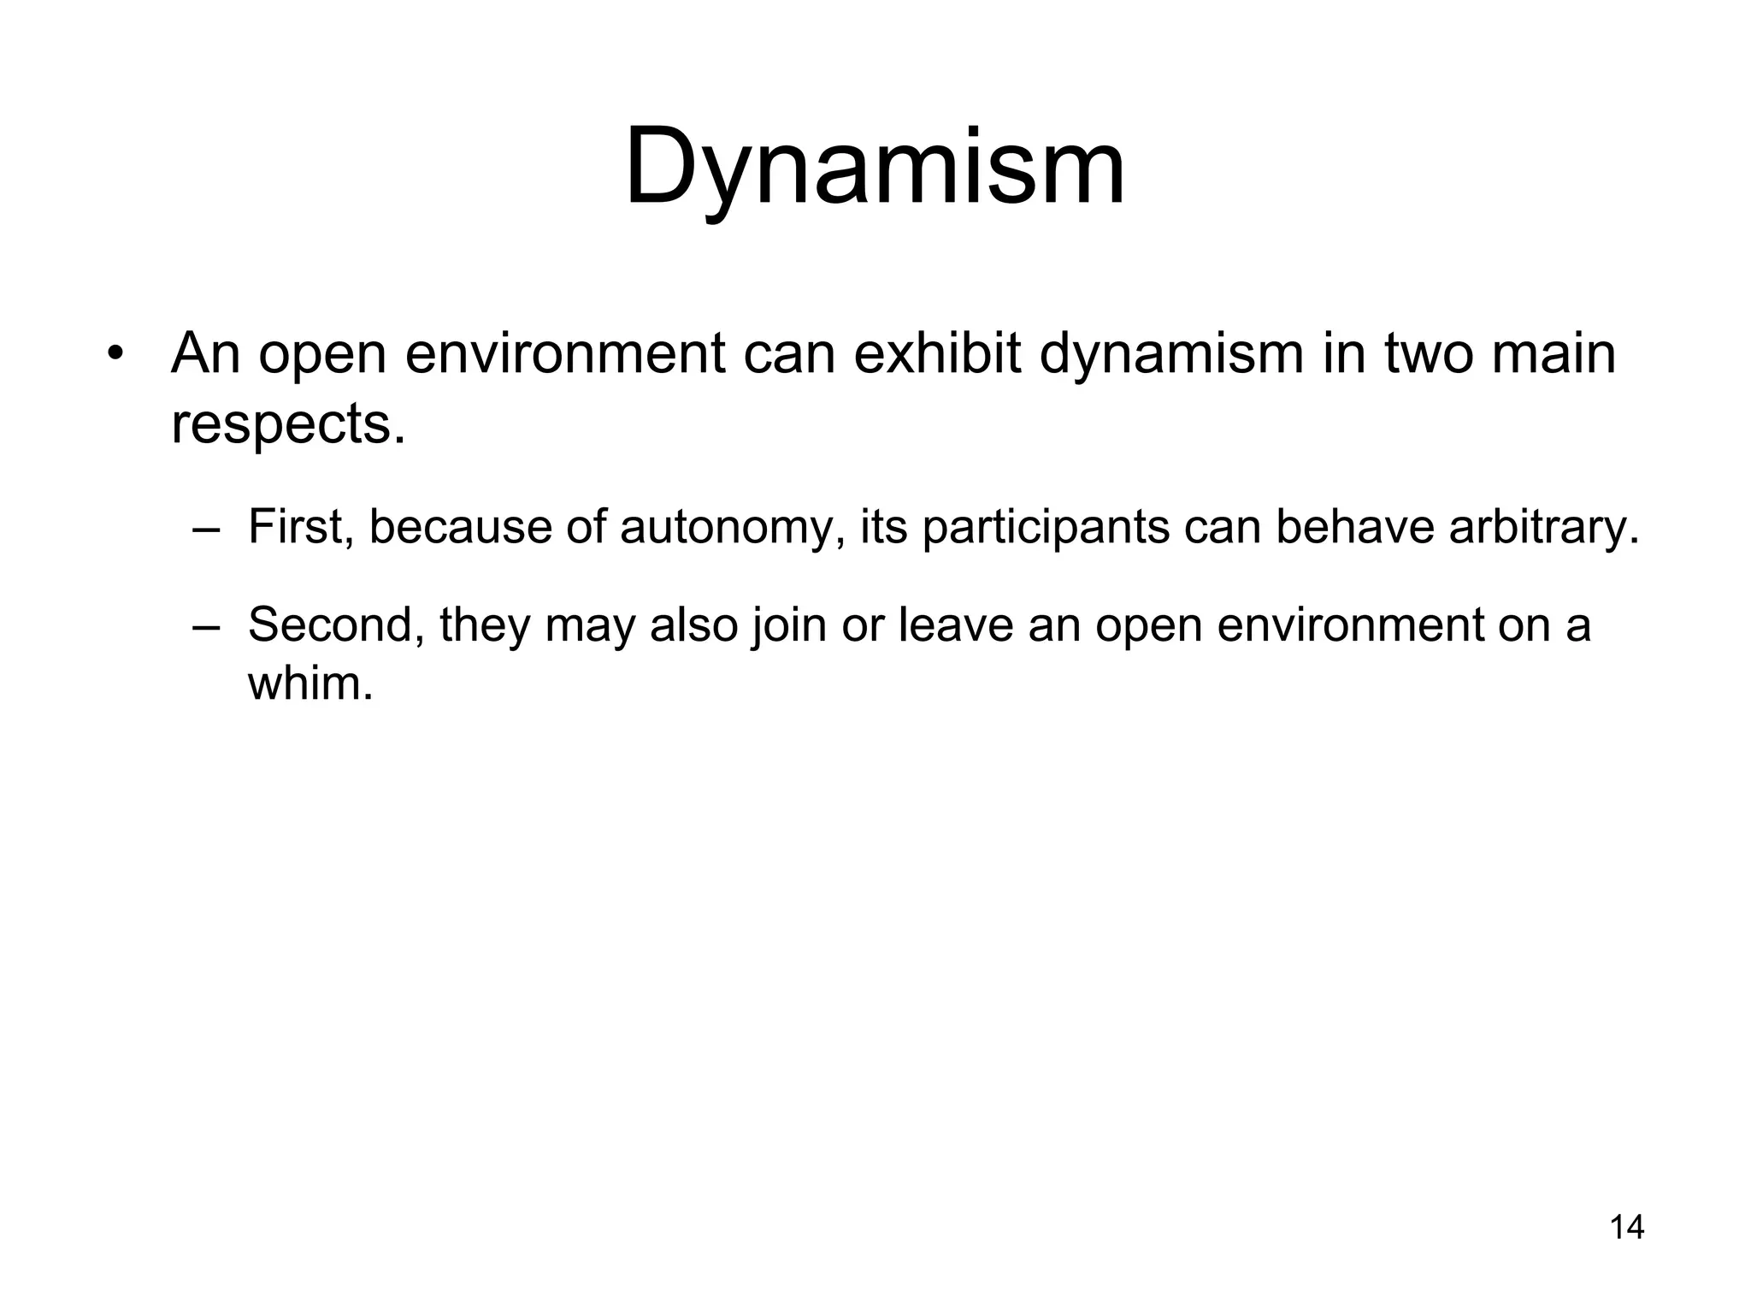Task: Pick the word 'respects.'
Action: tap(288, 423)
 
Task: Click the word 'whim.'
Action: tap(310, 684)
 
